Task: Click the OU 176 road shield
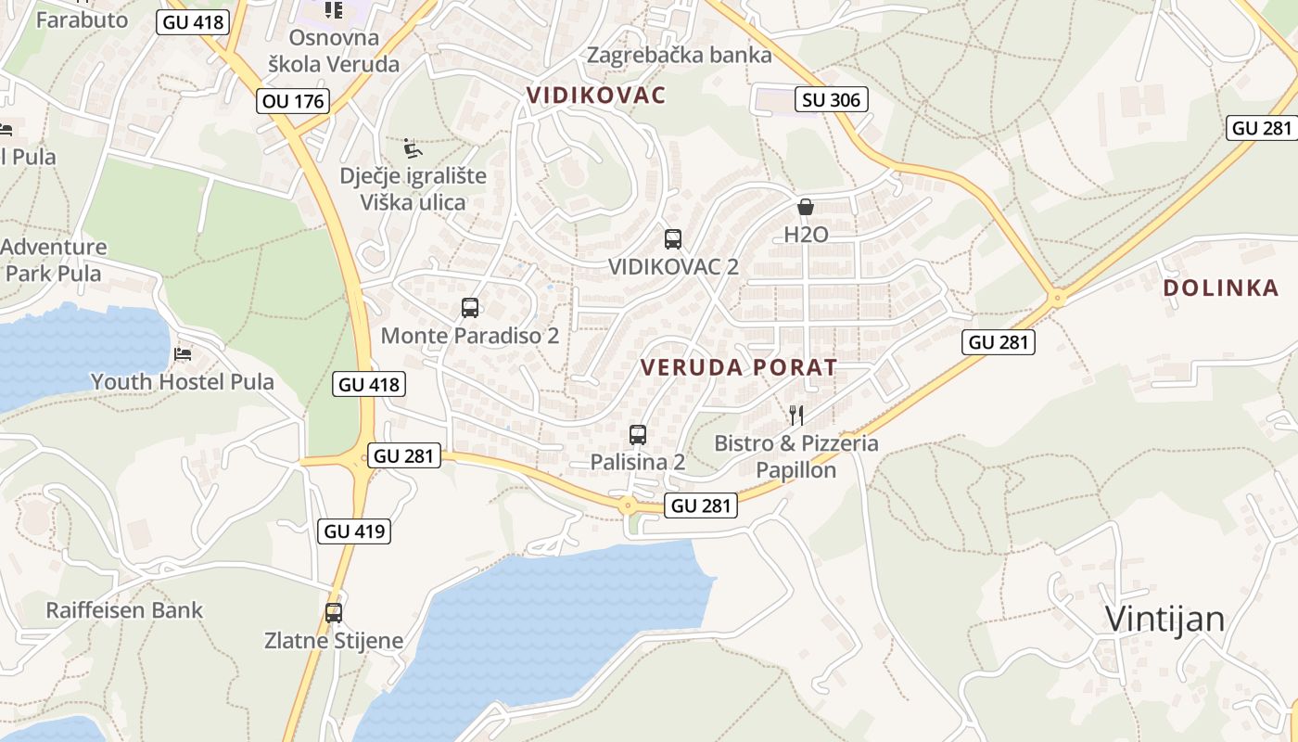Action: (294, 101)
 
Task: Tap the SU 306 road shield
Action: (831, 100)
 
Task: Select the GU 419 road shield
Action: (353, 531)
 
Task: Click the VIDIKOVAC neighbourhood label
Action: (596, 95)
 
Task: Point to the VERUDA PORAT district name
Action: (739, 367)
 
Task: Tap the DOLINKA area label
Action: (1221, 288)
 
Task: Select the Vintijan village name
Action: (1164, 619)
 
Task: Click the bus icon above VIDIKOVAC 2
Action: (673, 238)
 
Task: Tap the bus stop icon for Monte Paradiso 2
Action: (470, 308)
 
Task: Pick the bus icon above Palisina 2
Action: (638, 434)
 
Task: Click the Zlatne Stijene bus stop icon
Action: (334, 613)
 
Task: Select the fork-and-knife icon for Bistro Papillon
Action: (795, 415)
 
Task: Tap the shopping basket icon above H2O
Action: (806, 207)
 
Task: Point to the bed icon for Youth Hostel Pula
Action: (183, 354)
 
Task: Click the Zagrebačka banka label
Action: (680, 55)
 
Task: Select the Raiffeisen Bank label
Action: (124, 610)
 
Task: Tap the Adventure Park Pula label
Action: (54, 260)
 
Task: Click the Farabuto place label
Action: (82, 19)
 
